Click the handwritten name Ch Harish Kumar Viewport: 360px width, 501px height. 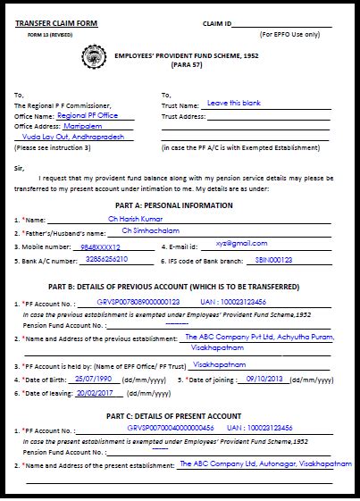[137, 217]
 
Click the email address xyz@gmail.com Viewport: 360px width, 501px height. [222, 244]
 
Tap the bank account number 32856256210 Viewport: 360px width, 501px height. [103, 259]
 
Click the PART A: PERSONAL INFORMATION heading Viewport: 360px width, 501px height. [181, 205]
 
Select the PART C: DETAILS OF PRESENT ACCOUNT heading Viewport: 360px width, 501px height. [173, 415]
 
